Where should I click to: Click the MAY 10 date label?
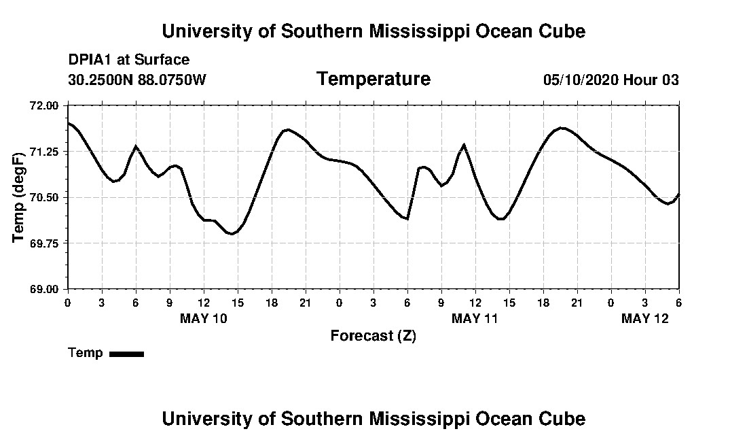tap(204, 318)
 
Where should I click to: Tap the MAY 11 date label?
tap(475, 318)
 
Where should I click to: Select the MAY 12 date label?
tap(645, 318)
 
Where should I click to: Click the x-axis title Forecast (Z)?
tap(373, 336)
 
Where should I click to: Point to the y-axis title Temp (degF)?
tap(19, 197)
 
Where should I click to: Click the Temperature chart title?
tap(373, 80)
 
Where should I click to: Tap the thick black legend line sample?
tap(126, 354)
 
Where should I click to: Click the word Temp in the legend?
tap(86, 353)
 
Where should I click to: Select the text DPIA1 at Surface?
tap(129, 60)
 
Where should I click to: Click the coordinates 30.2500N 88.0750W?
tap(137, 80)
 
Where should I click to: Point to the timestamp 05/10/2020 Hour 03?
tap(611, 80)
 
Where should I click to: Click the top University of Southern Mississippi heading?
tap(373, 31)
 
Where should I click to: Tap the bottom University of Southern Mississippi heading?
tap(373, 418)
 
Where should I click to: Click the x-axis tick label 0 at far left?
tap(67, 302)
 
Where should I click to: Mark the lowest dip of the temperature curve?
tap(232, 234)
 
